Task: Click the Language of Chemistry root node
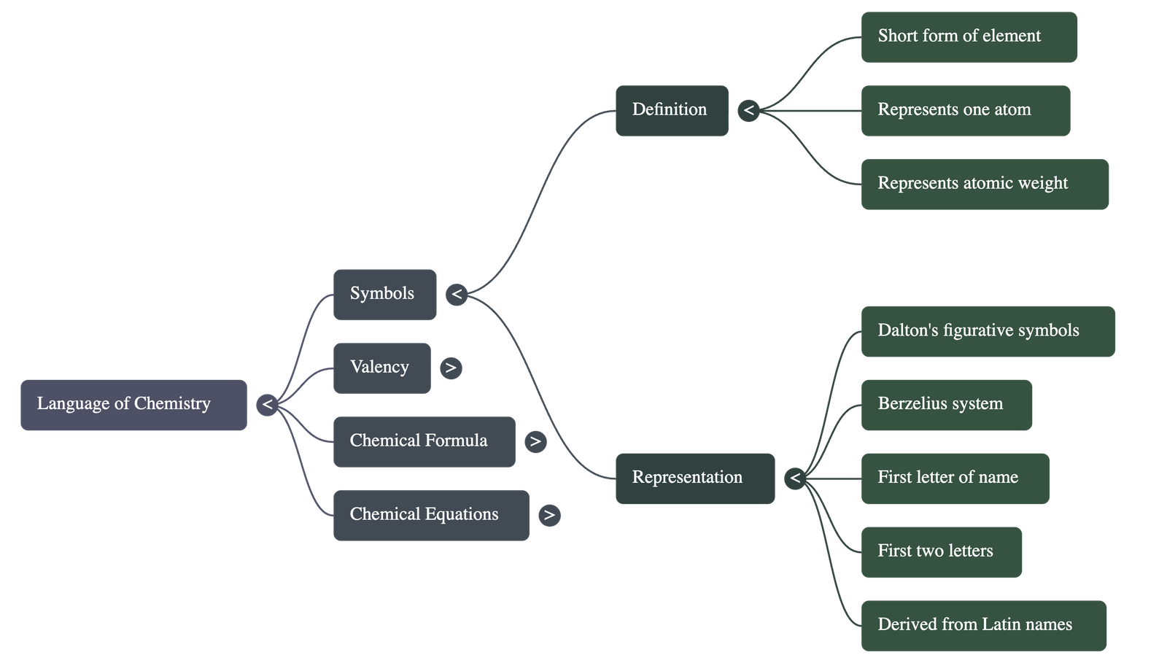pyautogui.click(x=133, y=405)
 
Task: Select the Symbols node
pyautogui.click(x=384, y=295)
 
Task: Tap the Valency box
pyautogui.click(x=381, y=368)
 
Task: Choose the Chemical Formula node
pyautogui.click(x=424, y=441)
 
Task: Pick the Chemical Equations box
pyautogui.click(x=431, y=515)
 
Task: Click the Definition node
pyautogui.click(x=671, y=111)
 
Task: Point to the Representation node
pyautogui.click(x=694, y=478)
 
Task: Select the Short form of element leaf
pyautogui.click(x=969, y=36)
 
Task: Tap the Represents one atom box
pyautogui.click(x=965, y=111)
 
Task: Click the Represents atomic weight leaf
pyautogui.click(x=985, y=184)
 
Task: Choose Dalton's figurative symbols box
pyautogui.click(x=988, y=331)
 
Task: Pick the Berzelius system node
pyautogui.click(x=946, y=405)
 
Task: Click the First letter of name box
pyautogui.click(x=955, y=478)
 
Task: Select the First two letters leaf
pyautogui.click(x=941, y=552)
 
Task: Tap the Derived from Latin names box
pyautogui.click(x=983, y=625)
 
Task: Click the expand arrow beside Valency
pyautogui.click(x=451, y=368)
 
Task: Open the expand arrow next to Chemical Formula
pyautogui.click(x=535, y=441)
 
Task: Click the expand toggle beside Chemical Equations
pyautogui.click(x=549, y=515)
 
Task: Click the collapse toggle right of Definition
pyautogui.click(x=748, y=111)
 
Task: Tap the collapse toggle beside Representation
pyautogui.click(x=795, y=478)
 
